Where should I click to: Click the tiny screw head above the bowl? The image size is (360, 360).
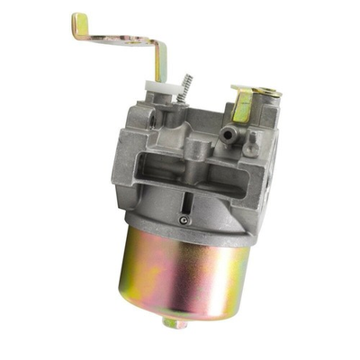coord(184,220)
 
